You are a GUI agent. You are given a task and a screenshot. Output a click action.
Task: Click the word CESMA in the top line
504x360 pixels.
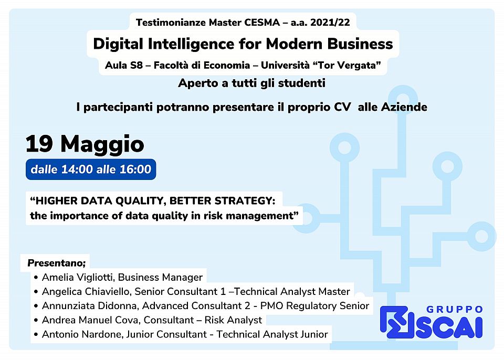pos(262,23)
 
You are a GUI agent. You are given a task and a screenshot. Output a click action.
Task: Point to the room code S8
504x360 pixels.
pos(136,65)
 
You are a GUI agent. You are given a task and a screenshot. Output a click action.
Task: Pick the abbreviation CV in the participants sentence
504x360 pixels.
pos(342,107)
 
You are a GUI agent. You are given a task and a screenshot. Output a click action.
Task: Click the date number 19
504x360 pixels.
pos(39,144)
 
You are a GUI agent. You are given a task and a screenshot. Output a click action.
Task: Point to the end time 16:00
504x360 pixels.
pos(135,169)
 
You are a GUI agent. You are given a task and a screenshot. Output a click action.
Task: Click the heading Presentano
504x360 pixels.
pos(57,263)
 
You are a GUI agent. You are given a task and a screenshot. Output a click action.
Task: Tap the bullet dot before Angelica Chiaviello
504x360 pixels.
pos(36,292)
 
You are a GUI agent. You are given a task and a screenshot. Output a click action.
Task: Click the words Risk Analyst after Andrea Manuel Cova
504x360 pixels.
pos(233,320)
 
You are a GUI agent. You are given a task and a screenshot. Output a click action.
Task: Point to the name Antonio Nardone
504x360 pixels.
pos(82,334)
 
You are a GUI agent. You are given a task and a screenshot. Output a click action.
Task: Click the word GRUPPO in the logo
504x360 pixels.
pos(454,309)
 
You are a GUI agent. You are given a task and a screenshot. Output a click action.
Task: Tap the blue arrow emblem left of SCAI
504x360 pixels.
pos(397,322)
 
